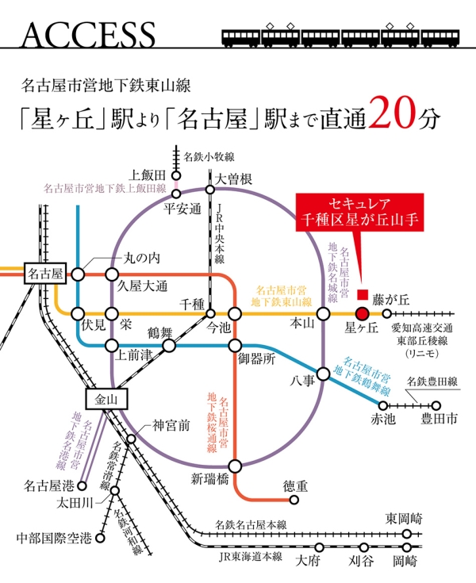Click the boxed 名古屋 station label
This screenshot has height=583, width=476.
(x=44, y=274)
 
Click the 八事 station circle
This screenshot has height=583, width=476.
(x=324, y=374)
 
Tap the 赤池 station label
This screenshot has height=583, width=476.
(x=383, y=420)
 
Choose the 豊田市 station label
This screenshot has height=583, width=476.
(x=439, y=420)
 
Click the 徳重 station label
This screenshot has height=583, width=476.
(x=295, y=485)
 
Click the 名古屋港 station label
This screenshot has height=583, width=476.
(x=49, y=484)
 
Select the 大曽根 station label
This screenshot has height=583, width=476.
(x=233, y=179)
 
